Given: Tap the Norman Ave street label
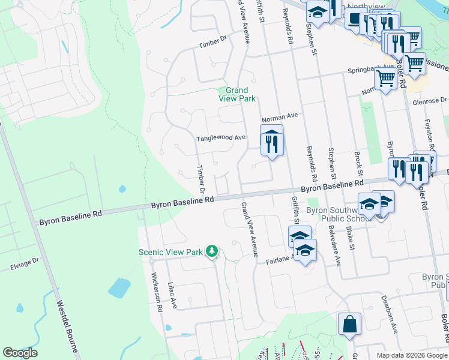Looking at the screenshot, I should [x=280, y=116].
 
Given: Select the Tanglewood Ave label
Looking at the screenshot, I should [x=221, y=138].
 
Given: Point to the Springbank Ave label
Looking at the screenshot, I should [x=371, y=70].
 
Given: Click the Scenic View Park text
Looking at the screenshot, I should [x=171, y=252].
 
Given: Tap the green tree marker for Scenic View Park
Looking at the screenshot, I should [x=211, y=251].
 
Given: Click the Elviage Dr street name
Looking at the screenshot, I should [x=23, y=262].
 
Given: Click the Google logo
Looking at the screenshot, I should [x=20, y=353].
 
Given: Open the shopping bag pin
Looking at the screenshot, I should [x=349, y=325].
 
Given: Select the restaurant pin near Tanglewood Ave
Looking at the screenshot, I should [x=271, y=142].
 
